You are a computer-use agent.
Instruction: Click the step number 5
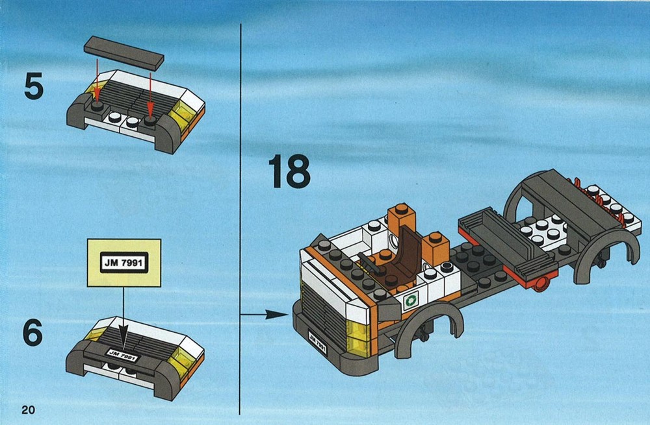click(x=34, y=86)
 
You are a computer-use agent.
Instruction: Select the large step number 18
click(x=289, y=171)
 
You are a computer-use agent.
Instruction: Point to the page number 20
click(x=29, y=409)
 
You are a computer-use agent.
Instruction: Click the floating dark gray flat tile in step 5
click(x=124, y=53)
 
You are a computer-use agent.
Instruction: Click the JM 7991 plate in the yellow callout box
click(x=124, y=262)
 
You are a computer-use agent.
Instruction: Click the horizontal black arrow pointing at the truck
click(x=265, y=315)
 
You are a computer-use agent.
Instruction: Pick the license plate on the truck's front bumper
click(x=318, y=341)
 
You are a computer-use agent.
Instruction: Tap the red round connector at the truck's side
click(x=541, y=285)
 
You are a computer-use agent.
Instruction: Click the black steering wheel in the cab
click(x=370, y=263)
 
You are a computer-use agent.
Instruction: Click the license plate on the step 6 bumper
click(x=123, y=355)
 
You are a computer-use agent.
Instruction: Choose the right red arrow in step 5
click(x=150, y=93)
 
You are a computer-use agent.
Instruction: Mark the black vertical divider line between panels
click(x=240, y=219)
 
